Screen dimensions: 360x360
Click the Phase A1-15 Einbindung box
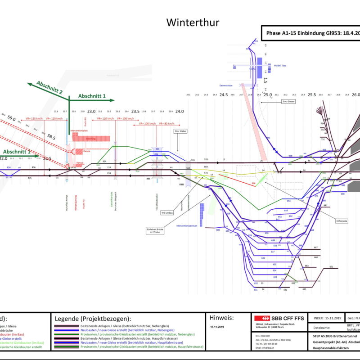click(x=310, y=33)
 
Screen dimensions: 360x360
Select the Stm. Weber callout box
click(x=180, y=131)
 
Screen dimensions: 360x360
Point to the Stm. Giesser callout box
click(x=288, y=102)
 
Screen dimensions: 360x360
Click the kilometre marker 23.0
click(x=91, y=111)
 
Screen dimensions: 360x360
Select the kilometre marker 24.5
click(x=224, y=95)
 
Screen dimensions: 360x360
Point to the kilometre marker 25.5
click(x=311, y=95)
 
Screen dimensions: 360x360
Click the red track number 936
click(x=253, y=184)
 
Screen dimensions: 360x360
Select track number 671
click(x=331, y=267)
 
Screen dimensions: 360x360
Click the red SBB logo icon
click(x=261, y=318)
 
